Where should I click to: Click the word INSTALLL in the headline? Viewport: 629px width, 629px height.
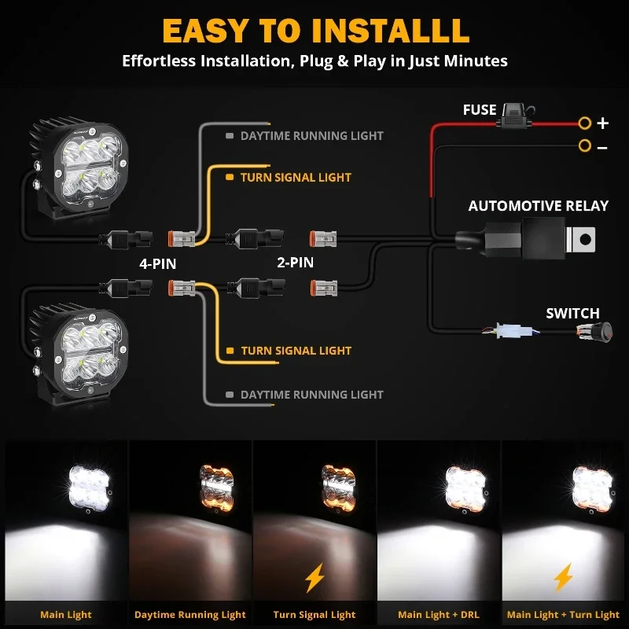390,30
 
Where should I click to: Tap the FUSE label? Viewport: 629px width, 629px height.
480,110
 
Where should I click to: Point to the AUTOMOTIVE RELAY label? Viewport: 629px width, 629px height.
538,206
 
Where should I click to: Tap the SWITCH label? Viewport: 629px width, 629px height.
572,314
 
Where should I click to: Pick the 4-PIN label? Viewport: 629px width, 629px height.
157,264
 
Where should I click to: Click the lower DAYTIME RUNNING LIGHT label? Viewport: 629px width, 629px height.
311,395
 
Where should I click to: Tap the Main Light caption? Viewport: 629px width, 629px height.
66,614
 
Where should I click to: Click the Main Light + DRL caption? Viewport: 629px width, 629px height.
438,614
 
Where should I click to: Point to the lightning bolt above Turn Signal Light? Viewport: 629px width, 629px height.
314,579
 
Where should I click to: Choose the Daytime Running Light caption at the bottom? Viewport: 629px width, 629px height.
190,614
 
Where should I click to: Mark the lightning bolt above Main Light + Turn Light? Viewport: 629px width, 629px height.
563,578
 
